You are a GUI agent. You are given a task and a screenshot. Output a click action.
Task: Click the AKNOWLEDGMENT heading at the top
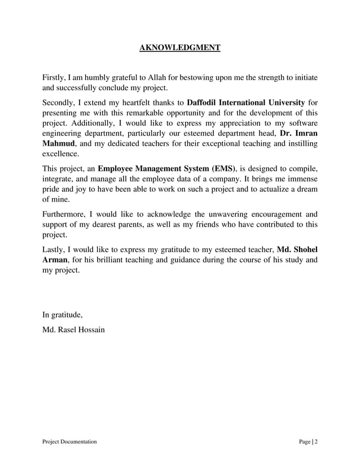pyautogui.click(x=179, y=47)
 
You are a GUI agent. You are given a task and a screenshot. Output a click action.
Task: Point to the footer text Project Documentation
pyautogui.click(x=69, y=441)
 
